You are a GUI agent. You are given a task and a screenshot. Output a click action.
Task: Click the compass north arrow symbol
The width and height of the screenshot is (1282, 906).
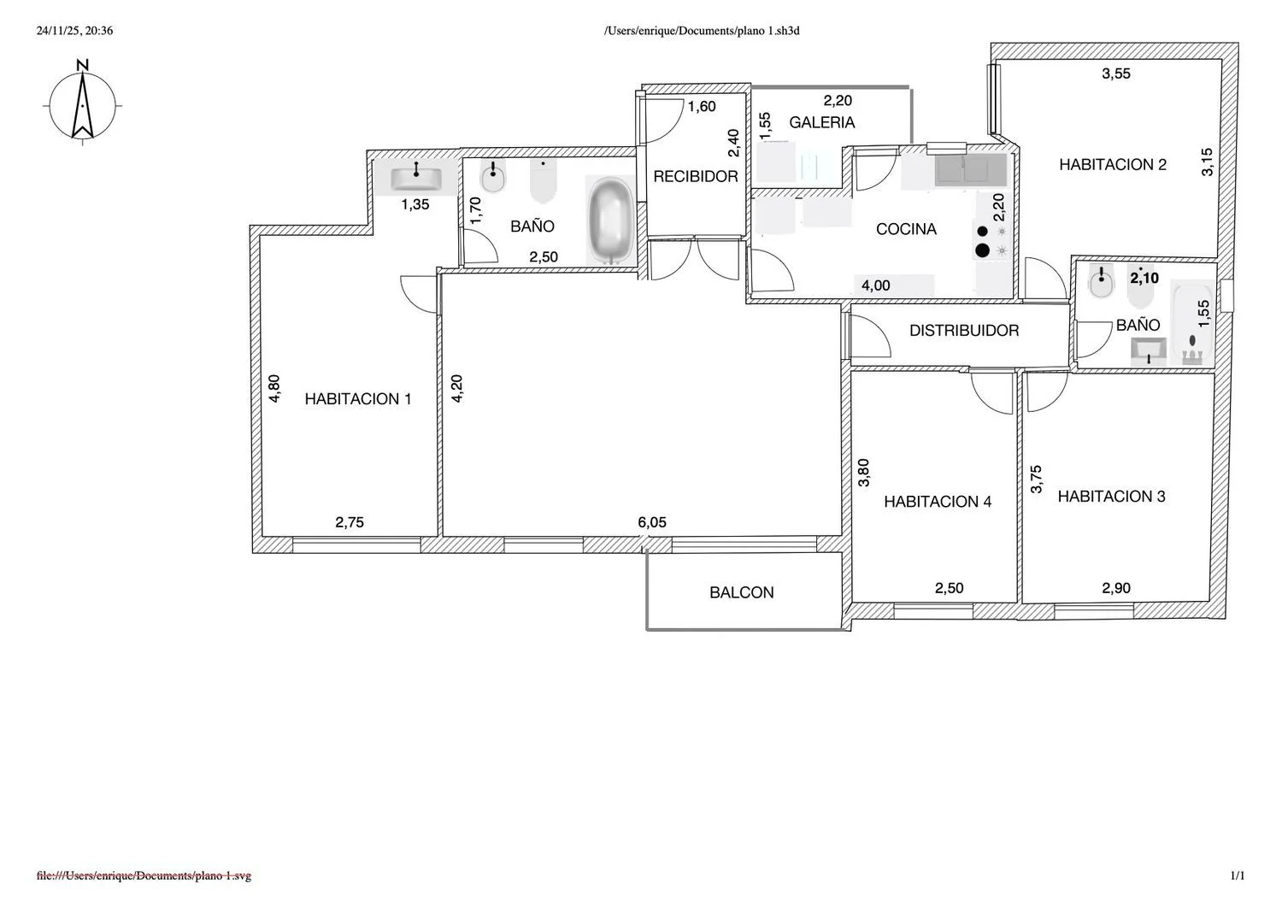point(83,103)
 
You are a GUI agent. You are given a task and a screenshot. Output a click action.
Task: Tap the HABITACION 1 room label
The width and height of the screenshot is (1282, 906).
point(358,399)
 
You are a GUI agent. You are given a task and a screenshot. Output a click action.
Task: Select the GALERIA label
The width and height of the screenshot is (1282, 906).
point(822,122)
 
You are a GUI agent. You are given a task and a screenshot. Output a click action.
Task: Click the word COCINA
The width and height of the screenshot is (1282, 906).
point(906,229)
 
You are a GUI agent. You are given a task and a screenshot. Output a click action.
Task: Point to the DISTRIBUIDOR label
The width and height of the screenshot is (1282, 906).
point(964,330)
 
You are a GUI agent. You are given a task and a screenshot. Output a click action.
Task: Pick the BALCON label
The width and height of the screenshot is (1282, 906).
point(742,592)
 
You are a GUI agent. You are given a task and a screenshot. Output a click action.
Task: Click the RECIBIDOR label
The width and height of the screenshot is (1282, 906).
point(696,176)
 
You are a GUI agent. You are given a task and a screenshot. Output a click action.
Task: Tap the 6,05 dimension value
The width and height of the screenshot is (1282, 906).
point(652,522)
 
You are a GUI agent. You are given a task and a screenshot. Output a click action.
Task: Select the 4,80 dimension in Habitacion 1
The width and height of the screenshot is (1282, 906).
point(274,389)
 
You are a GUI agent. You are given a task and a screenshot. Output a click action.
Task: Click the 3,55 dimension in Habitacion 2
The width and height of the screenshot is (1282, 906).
point(1116,74)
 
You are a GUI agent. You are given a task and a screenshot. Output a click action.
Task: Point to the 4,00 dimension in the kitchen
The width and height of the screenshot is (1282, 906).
point(876,285)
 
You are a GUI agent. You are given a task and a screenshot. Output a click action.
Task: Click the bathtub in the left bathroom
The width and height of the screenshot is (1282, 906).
point(611,221)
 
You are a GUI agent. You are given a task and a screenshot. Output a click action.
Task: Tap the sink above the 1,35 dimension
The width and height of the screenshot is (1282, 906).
point(416,178)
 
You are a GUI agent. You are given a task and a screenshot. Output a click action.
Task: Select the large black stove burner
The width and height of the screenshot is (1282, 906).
point(982,250)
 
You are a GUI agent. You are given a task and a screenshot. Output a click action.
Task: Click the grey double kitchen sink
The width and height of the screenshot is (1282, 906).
point(971,170)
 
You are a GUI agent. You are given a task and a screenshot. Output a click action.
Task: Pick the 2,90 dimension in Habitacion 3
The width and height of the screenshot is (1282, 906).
point(1116,588)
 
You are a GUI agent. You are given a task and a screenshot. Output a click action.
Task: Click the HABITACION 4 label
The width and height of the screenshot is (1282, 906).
point(938,502)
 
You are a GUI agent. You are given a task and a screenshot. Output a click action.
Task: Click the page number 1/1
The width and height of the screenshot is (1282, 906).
point(1238,875)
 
